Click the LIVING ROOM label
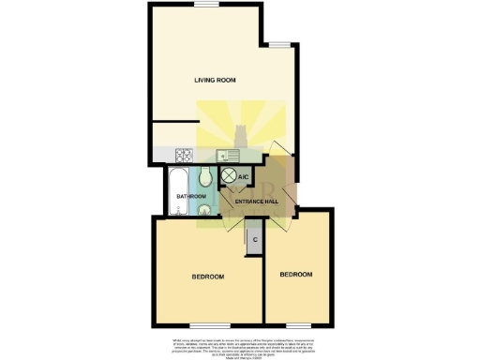215,81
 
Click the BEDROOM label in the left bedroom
207,277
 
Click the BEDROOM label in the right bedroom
295,274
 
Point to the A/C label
243,176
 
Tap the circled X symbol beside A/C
228,176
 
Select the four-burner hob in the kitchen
184,156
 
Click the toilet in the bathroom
206,177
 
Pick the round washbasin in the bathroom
204,212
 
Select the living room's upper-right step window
280,43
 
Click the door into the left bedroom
232,224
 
